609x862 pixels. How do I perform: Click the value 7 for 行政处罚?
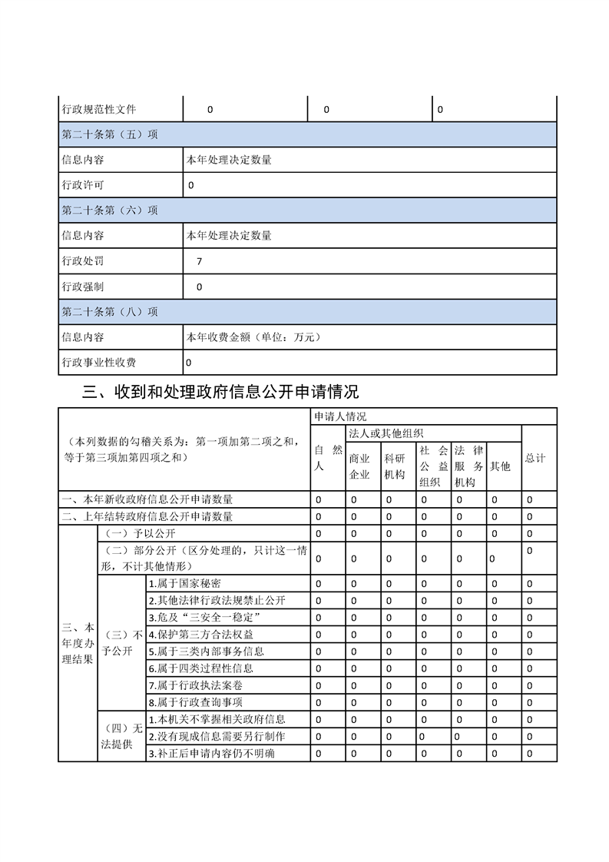click(x=200, y=261)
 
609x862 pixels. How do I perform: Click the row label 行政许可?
click(x=83, y=185)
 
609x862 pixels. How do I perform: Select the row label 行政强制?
click(x=83, y=287)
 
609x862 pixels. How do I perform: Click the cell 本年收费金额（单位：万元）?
click(x=253, y=337)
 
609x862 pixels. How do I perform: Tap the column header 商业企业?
click(x=359, y=466)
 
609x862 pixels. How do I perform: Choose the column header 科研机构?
click(x=395, y=466)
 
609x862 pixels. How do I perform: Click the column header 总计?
click(x=535, y=458)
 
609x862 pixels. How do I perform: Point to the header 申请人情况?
click(x=339, y=416)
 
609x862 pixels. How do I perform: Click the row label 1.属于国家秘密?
click(x=184, y=584)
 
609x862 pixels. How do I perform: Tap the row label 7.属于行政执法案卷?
click(x=195, y=685)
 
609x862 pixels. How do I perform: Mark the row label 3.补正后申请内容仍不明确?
click(x=211, y=753)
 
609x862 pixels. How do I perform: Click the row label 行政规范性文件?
click(x=98, y=110)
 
